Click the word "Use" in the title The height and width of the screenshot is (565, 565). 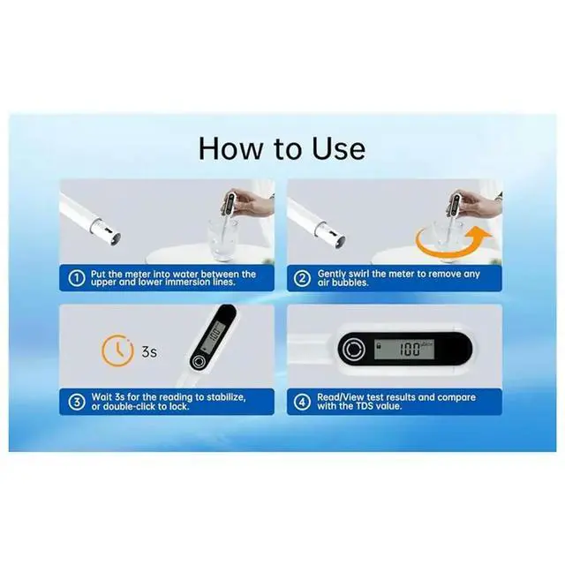[x=338, y=149]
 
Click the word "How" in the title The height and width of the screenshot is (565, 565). [x=230, y=149]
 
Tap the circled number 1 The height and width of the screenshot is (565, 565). [x=77, y=278]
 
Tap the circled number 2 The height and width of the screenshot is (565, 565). [x=302, y=278]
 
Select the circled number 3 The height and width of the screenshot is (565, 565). [x=77, y=402]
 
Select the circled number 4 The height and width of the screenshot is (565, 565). [x=302, y=402]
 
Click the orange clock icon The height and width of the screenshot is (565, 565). [x=117, y=350]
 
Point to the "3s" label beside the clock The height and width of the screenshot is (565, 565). [x=149, y=351]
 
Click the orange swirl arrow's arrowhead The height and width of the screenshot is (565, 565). [x=481, y=234]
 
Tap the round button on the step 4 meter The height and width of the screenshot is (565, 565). [x=354, y=349]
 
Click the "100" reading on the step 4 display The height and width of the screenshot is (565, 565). [x=410, y=350]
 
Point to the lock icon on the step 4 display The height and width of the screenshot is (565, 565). [x=379, y=345]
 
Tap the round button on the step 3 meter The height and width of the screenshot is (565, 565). [x=198, y=361]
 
